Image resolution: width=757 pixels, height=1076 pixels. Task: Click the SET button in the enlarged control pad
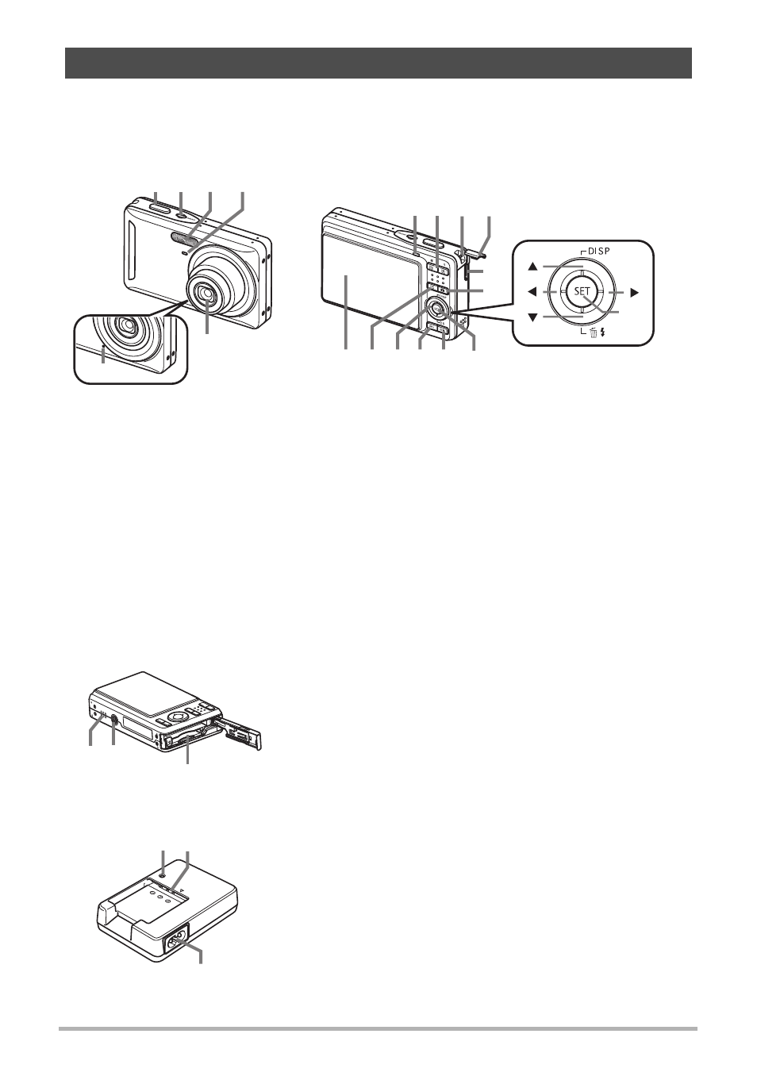[582, 290]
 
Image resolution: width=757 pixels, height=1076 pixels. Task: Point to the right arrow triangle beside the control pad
[635, 292]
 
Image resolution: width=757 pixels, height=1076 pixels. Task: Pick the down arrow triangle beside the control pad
[532, 317]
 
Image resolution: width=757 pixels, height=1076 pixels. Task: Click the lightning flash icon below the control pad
[601, 332]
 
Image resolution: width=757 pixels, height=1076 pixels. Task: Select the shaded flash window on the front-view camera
[186, 237]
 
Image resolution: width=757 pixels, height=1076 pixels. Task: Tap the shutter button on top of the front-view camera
[160, 208]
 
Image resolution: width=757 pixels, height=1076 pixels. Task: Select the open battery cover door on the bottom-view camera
[239, 733]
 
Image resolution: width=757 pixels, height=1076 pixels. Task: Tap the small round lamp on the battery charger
[163, 874]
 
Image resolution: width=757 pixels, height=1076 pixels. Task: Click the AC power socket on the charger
[177, 936]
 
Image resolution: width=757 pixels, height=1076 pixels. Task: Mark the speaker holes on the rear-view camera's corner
[463, 321]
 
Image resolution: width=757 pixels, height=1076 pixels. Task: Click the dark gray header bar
[378, 63]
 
